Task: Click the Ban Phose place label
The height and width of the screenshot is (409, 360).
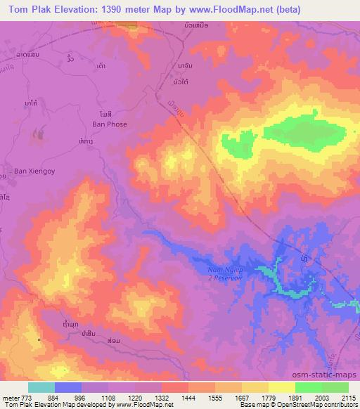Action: (x=108, y=124)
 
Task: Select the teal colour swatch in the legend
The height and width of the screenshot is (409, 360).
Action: (x=41, y=387)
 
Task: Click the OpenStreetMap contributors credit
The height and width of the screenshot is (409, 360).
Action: (x=323, y=405)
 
